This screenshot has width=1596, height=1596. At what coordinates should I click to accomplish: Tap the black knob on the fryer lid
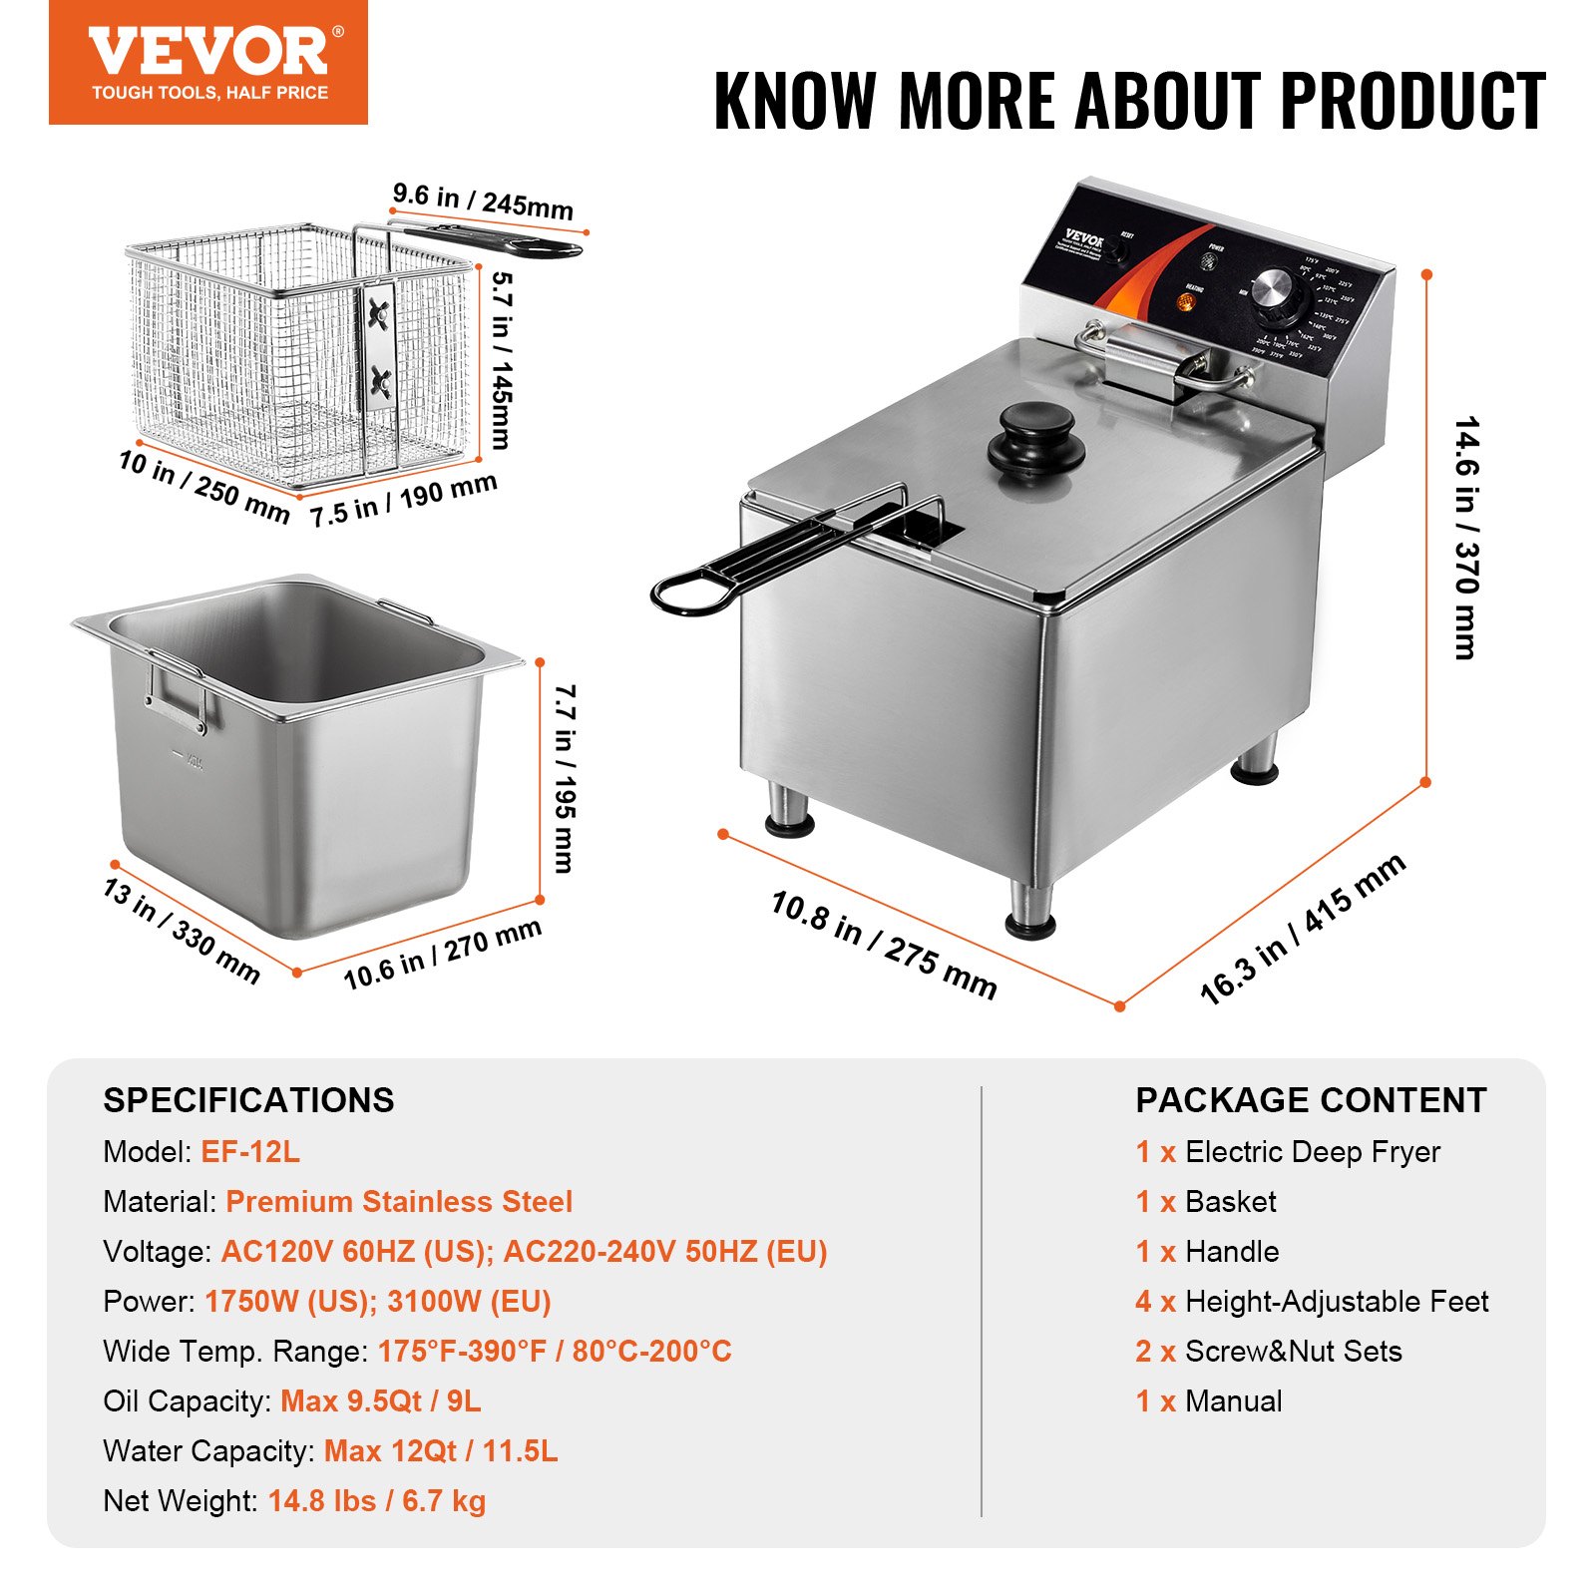coord(1035,439)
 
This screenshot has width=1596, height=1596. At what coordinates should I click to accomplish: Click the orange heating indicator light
coord(1187,301)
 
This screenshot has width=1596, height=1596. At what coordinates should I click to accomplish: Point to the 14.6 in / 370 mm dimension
coord(1465,539)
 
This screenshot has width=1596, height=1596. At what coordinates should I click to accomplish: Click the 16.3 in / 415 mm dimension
coord(1303,929)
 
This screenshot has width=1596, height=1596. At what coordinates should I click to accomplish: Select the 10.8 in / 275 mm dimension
coord(883,944)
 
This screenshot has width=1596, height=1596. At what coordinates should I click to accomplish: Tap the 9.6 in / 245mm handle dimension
coord(483,200)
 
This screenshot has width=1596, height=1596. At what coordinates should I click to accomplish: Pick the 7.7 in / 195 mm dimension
coord(565,778)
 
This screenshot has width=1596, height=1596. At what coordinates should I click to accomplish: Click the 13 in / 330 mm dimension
coord(182,931)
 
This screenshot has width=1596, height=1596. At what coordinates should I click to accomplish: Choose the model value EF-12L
coord(250,1152)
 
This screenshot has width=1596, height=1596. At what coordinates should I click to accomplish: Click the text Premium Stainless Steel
coord(399,1202)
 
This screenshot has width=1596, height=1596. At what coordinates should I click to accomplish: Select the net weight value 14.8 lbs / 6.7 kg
coord(377,1501)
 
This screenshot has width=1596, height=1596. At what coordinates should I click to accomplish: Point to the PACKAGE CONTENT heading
coord(1311,1100)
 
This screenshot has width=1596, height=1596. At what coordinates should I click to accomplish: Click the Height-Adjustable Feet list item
coord(1336,1302)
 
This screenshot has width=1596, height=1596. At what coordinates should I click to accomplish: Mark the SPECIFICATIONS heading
coord(248,1100)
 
